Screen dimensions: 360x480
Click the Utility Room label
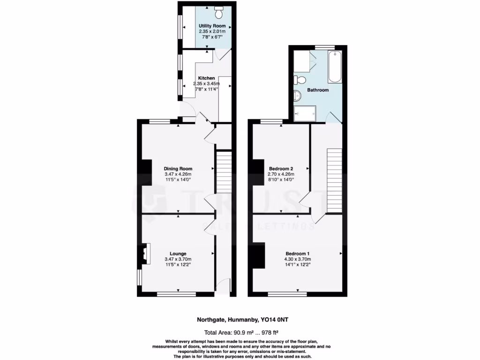coord(212,26)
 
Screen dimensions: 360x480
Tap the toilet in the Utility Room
coord(219,8)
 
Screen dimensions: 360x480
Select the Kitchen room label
coord(206,78)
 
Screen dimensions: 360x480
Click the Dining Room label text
coord(178,169)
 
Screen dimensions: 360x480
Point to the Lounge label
coord(178,254)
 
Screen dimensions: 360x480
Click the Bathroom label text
coord(317,90)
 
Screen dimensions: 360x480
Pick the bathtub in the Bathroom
coord(335,67)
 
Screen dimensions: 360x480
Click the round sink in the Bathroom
coord(297,96)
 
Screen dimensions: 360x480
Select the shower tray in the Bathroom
coord(305,113)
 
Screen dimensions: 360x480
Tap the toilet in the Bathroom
coord(300,79)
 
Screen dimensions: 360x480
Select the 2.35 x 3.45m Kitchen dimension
coord(206,83)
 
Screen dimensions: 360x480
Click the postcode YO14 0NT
coord(279,320)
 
